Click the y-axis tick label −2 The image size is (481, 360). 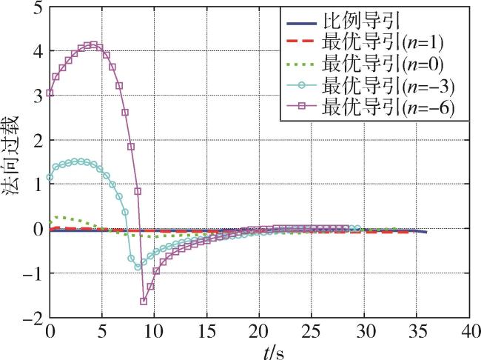click(x=32, y=319)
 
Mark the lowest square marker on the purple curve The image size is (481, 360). click(x=144, y=301)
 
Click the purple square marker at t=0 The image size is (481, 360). click(x=50, y=93)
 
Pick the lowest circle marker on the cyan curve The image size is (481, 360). click(x=138, y=267)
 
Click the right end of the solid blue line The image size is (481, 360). click(x=425, y=233)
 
